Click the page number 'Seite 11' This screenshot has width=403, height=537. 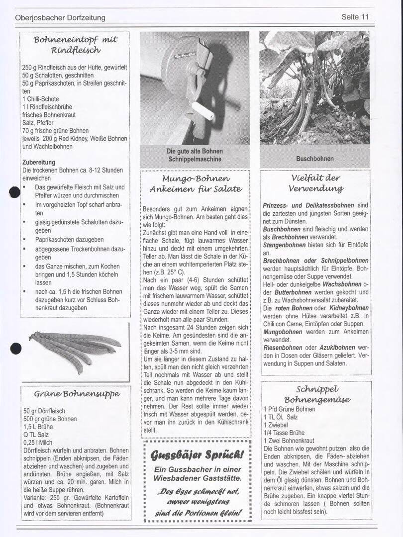(x=355, y=17)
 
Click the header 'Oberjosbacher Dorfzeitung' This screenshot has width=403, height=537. (x=60, y=18)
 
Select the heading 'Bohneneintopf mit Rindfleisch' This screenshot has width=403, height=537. (x=75, y=44)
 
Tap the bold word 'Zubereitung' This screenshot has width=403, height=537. (x=39, y=162)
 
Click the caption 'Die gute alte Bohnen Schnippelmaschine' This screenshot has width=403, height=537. (x=195, y=155)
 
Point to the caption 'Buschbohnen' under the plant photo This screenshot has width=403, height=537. (x=314, y=159)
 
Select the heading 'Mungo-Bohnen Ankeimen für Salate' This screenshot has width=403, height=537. (x=196, y=183)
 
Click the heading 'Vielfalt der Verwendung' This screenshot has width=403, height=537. (x=315, y=183)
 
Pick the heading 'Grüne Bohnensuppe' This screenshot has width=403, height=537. (x=77, y=394)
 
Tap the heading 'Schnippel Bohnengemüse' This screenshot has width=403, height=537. (x=317, y=394)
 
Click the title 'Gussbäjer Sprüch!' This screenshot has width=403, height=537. (x=198, y=454)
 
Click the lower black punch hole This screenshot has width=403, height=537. (x=15, y=349)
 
